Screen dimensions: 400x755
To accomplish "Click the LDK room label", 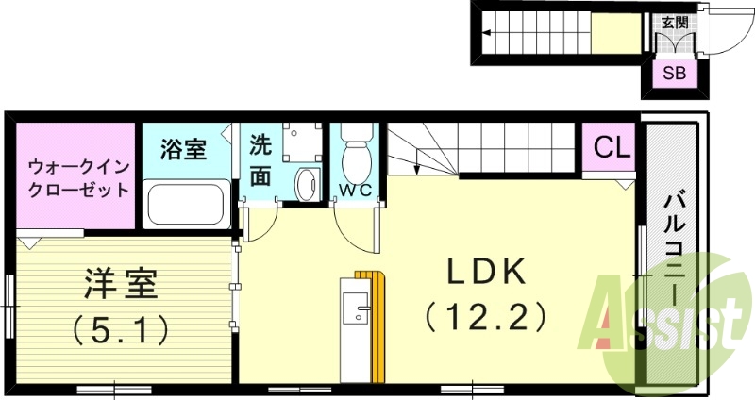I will pyautogui.click(x=485, y=273).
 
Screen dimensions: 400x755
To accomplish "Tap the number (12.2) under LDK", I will pyautogui.click(x=485, y=314).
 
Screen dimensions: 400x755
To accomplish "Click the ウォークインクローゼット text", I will pyautogui.click(x=77, y=177).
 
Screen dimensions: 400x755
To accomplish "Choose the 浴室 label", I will pyautogui.click(x=183, y=149).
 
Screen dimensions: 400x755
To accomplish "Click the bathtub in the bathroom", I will pyautogui.click(x=186, y=203).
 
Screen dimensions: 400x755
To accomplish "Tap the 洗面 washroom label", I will pyautogui.click(x=260, y=160).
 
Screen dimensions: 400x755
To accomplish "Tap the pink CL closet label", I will pyautogui.click(x=612, y=148).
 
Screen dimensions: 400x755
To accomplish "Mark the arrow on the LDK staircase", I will pyautogui.click(x=416, y=168).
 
